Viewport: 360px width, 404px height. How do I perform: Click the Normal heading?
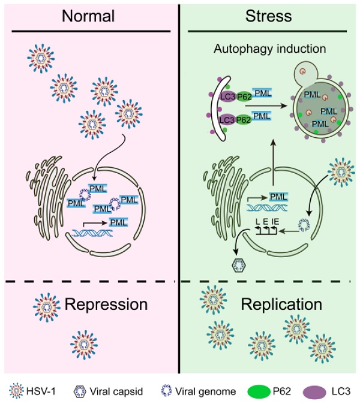point(90,16)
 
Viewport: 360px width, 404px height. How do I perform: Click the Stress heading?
point(269,16)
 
